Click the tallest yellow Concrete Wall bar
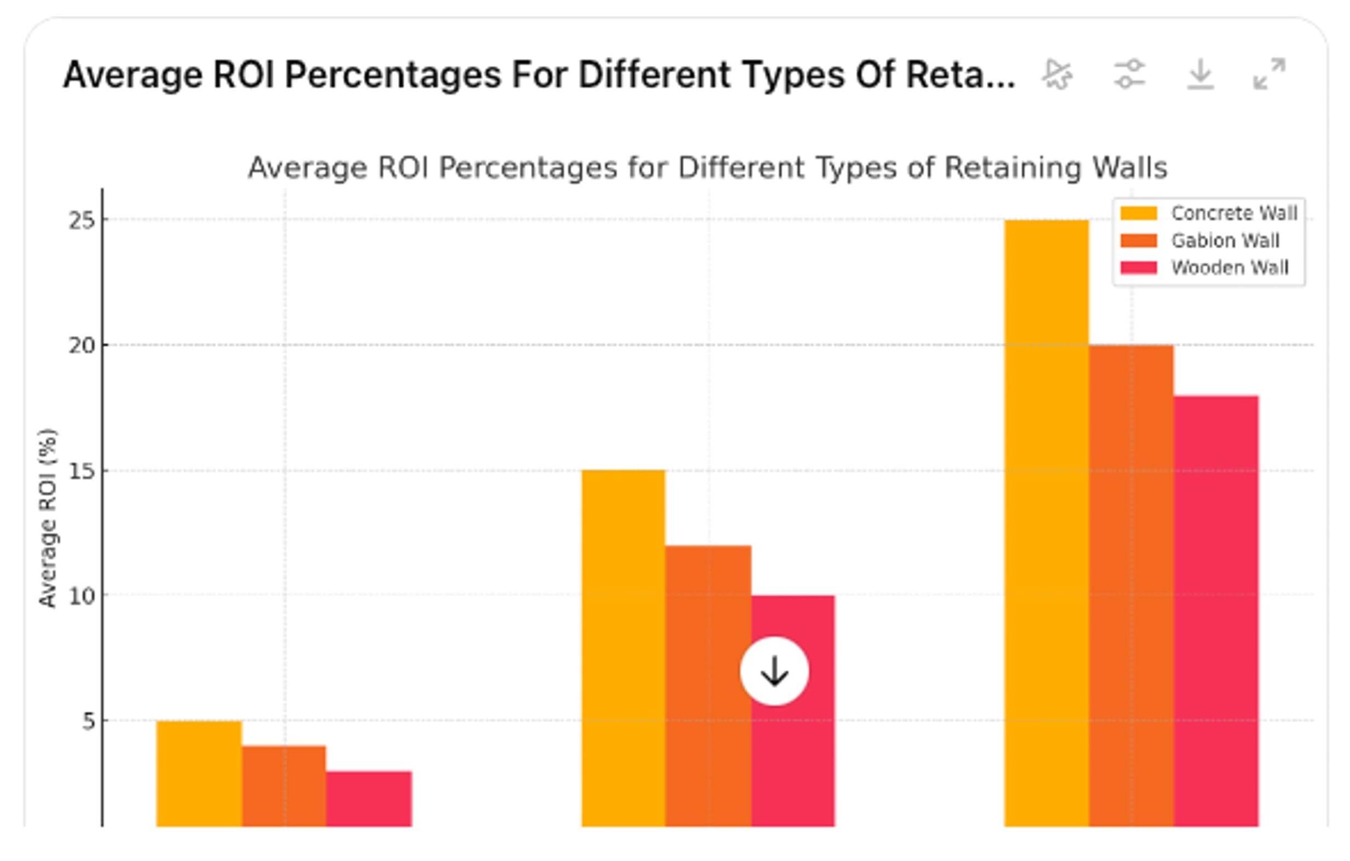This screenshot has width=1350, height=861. click(1046, 521)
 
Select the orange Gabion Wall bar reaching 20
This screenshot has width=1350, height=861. click(1131, 583)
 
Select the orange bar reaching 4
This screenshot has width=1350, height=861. click(283, 785)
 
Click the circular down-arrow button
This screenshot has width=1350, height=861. click(774, 671)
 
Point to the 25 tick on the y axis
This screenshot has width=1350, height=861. click(82, 221)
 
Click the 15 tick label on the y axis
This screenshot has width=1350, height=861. click(82, 472)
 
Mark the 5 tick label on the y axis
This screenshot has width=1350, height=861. click(89, 722)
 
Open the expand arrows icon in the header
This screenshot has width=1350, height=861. click(1269, 74)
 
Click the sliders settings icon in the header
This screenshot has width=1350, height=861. click(1129, 74)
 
